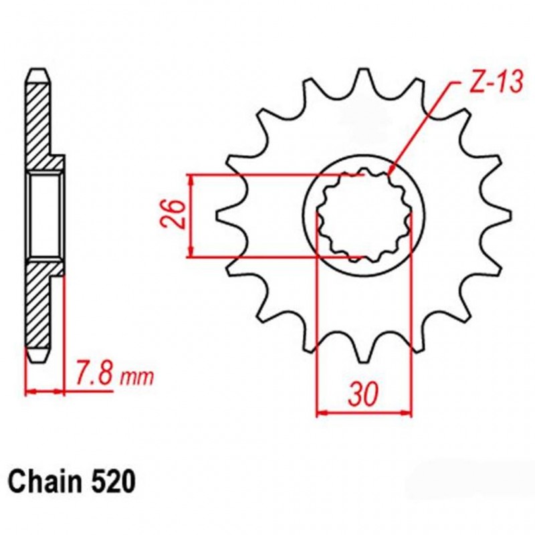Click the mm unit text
click(x=137, y=378)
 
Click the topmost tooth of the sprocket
click(x=363, y=77)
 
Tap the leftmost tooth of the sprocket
click(x=224, y=215)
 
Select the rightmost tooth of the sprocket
click(x=502, y=215)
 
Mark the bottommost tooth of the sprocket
click(x=363, y=354)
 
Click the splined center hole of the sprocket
click(x=363, y=215)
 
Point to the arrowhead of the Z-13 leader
click(x=391, y=173)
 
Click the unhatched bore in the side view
click(x=45, y=215)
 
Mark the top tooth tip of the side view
click(x=39, y=73)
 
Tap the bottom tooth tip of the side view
click(x=39, y=358)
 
